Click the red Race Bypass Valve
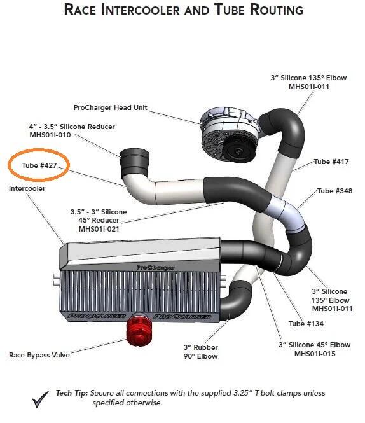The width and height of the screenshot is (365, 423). (140, 329)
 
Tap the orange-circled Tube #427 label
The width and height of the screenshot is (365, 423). (39, 165)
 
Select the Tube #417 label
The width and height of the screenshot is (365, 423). (331, 162)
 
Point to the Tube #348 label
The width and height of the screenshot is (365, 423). (334, 191)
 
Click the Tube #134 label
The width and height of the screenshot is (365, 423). (306, 324)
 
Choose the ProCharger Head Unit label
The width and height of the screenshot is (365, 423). (111, 107)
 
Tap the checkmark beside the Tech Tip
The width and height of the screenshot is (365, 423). (41, 399)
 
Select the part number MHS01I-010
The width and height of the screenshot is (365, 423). (50, 135)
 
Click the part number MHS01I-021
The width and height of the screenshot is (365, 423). (99, 229)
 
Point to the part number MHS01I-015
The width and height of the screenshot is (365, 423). (315, 354)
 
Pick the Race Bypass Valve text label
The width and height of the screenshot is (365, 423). (39, 355)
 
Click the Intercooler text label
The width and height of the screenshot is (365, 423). (27, 188)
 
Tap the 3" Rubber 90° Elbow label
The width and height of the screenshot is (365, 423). (200, 352)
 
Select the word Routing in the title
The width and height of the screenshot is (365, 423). (277, 10)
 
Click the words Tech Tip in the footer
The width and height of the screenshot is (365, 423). (71, 393)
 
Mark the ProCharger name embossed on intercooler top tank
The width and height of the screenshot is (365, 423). (155, 268)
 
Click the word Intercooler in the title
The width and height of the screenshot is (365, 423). (140, 10)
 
